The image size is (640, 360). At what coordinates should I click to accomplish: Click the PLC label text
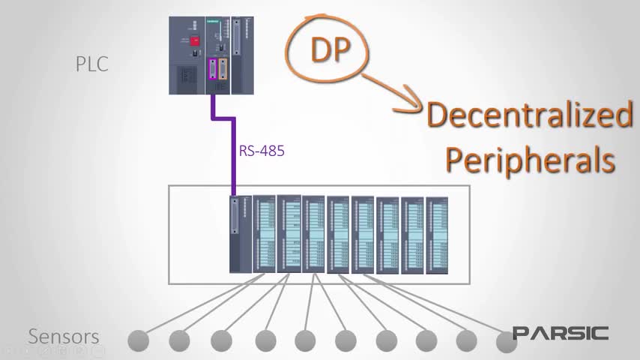91,64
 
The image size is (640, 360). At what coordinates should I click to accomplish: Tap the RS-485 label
262,151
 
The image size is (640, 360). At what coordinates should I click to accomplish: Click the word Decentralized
529,115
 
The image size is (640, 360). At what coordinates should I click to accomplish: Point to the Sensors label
64,337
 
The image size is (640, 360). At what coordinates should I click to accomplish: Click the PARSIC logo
561,333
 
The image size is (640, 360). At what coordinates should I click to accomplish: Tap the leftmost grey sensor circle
138,340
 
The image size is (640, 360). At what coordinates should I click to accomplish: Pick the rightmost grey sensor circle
507,340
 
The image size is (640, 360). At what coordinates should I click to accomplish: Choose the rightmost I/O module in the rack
437,234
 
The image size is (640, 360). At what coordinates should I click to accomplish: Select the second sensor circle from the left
179,340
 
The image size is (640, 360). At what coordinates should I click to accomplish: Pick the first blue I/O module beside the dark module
265,234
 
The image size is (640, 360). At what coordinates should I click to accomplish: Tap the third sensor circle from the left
220,340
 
